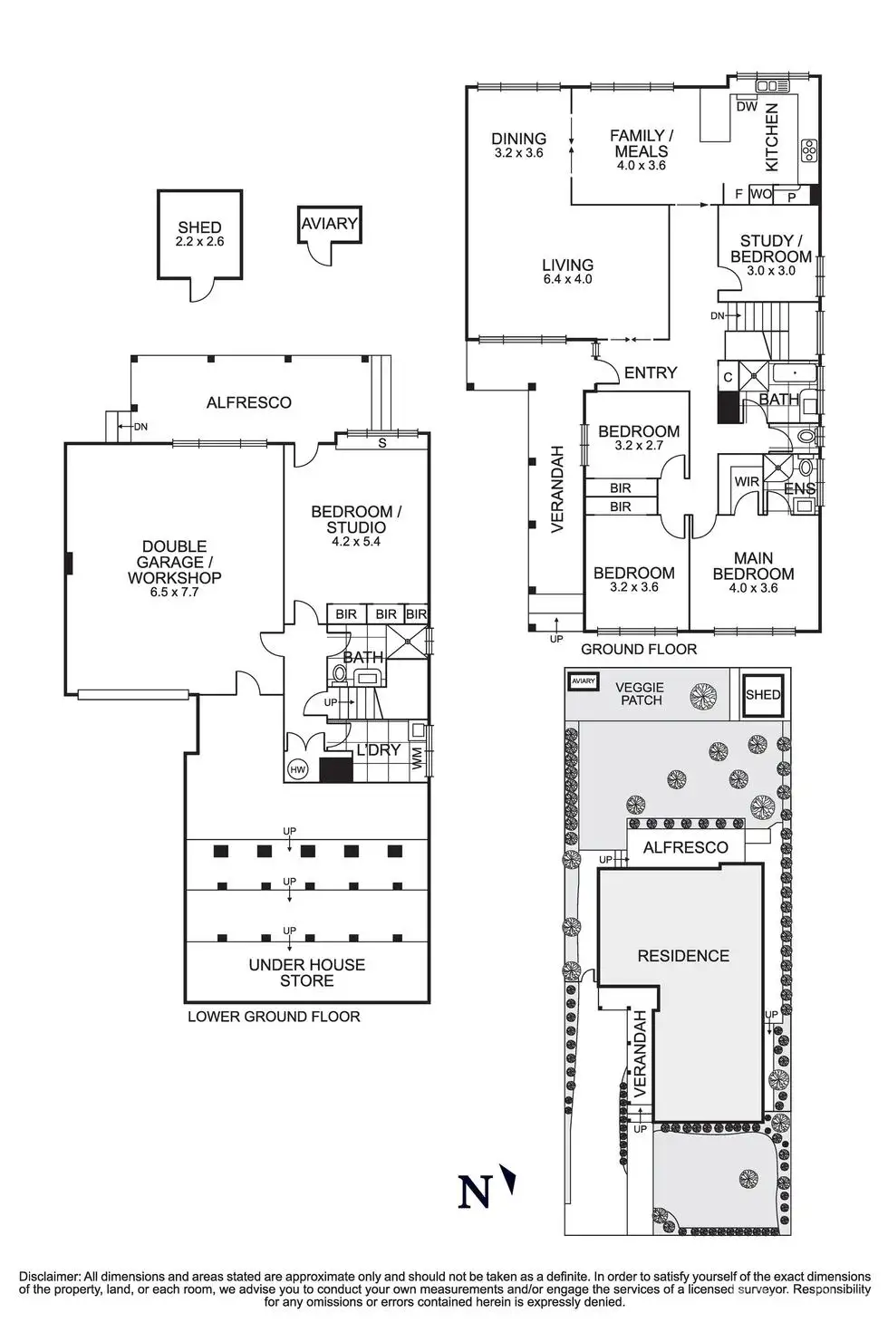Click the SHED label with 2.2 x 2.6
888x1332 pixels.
tap(199, 235)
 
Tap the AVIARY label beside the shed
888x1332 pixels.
tap(330, 223)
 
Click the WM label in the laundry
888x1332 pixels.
tap(418, 759)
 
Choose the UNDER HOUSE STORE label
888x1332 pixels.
tap(307, 972)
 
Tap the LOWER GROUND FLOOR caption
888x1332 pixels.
tap(274, 1017)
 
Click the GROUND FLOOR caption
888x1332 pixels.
tap(639, 649)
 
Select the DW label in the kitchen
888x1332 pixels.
tap(747, 106)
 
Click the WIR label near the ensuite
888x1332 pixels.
tap(747, 482)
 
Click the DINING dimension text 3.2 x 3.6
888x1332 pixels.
tap(519, 153)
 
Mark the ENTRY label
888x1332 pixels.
tap(651, 372)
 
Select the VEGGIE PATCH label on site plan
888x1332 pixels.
tap(641, 694)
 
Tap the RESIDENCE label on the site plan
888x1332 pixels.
tap(683, 956)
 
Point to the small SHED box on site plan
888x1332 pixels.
tap(762, 695)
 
